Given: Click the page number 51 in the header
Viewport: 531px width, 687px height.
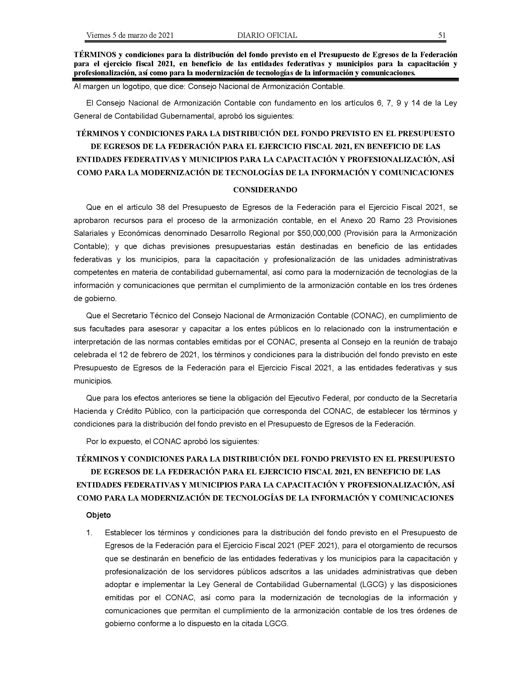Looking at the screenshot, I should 442,35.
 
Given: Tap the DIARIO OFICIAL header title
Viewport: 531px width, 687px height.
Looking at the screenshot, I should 267,35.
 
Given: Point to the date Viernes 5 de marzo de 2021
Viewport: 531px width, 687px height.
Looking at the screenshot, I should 130,35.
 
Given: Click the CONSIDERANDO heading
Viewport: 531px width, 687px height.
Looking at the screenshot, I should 265,190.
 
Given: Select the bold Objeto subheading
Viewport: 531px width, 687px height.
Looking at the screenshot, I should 98,515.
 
